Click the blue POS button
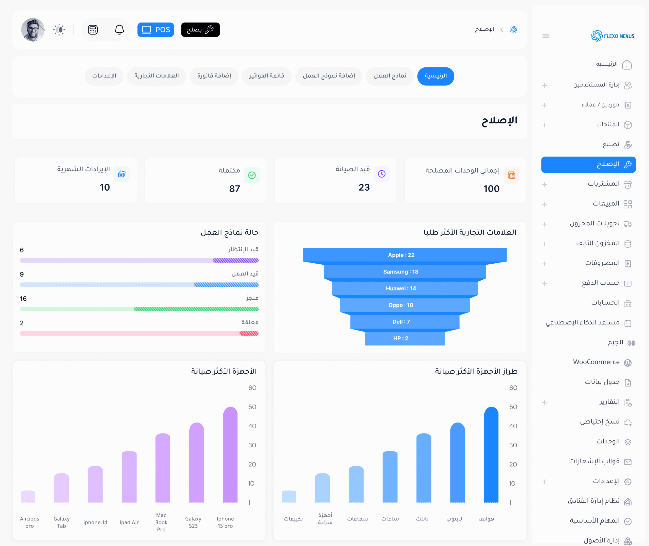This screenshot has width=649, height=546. (x=155, y=30)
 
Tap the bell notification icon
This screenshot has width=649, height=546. (x=119, y=30)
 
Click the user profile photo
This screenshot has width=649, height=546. (x=33, y=30)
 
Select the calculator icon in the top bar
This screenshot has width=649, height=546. (x=93, y=30)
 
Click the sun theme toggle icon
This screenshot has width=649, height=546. (x=59, y=30)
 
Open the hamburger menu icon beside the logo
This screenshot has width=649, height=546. (x=546, y=36)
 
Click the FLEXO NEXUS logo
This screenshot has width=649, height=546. (x=612, y=36)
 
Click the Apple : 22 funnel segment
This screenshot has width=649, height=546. (x=401, y=255)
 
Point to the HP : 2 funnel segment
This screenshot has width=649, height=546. (x=401, y=338)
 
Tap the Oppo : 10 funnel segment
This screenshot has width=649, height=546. (x=401, y=305)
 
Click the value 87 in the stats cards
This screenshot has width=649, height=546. (x=234, y=189)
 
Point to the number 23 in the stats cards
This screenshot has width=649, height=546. (x=364, y=187)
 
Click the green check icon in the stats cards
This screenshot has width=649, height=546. (x=252, y=175)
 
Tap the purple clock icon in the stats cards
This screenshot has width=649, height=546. (x=382, y=174)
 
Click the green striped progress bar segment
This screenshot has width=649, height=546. (x=196, y=309)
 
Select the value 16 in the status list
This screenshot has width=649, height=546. (x=23, y=299)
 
